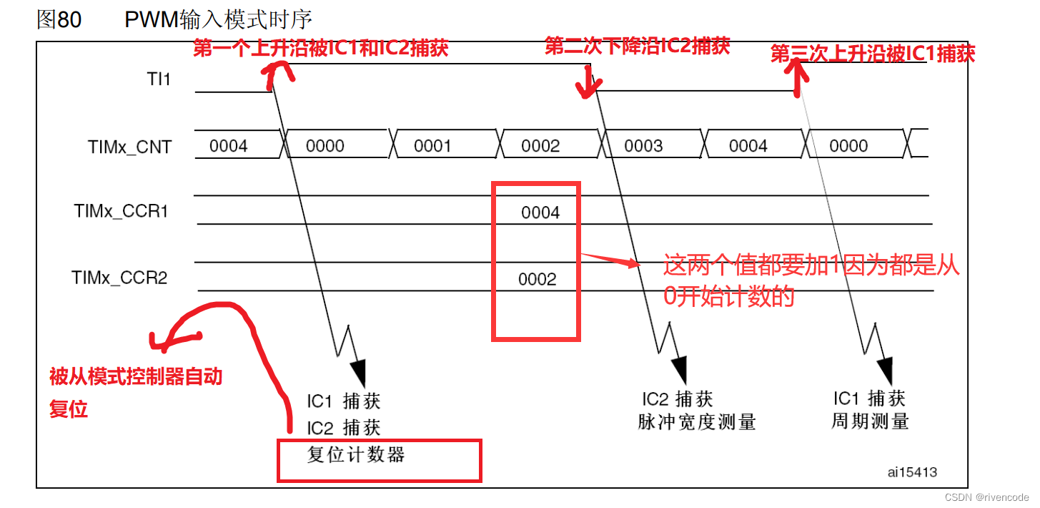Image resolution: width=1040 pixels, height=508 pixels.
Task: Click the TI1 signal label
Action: point(158,79)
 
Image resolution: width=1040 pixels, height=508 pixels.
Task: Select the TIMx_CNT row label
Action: point(129,147)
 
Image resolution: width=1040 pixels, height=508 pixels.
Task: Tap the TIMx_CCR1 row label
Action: point(121,212)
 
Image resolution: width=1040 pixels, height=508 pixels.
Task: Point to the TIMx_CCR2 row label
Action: point(119,278)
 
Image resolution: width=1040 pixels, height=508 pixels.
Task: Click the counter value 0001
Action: point(432,146)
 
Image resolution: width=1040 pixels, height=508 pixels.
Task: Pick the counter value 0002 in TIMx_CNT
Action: point(540,146)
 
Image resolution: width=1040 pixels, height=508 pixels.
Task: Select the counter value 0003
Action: point(643,146)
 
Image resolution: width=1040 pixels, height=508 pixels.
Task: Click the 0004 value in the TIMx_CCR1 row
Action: point(540,213)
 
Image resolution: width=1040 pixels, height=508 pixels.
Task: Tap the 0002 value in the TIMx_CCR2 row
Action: point(537,279)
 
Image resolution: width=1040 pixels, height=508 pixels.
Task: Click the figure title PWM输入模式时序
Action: point(218,19)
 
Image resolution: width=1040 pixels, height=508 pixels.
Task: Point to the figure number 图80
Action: point(59,19)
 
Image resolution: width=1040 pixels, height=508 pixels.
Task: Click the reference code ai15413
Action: point(913,472)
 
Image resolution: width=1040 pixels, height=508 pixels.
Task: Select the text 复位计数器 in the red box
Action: point(356,454)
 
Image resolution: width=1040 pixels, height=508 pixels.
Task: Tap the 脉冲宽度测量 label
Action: point(696,422)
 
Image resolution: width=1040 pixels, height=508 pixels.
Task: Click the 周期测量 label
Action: point(869,421)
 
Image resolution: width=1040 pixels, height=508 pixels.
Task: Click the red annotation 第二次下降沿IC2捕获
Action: point(637,47)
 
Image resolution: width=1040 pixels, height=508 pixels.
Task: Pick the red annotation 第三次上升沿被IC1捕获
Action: point(873,54)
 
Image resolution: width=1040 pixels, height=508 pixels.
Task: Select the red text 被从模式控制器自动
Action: point(136,376)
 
